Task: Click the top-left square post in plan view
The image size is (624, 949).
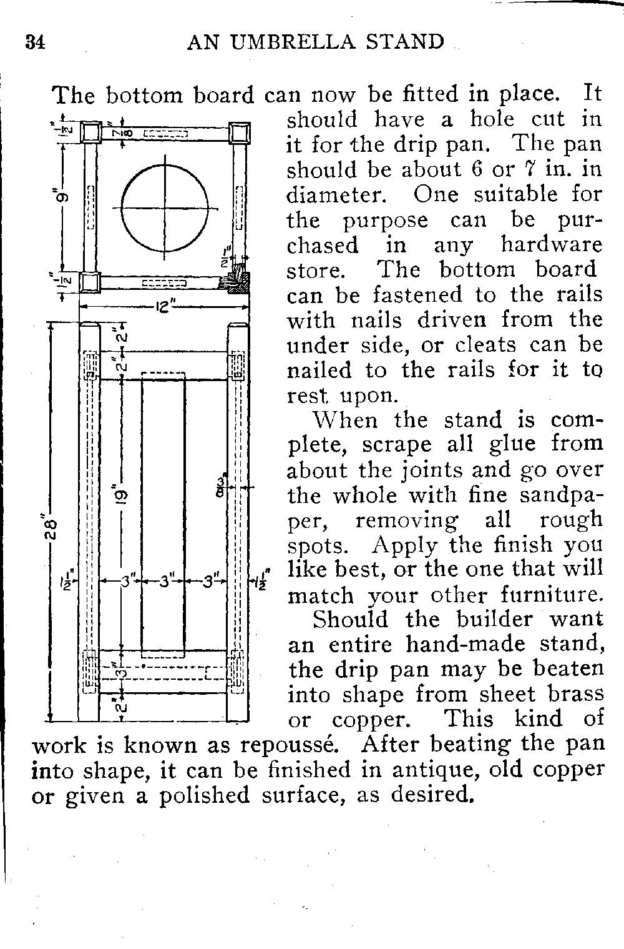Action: click(x=91, y=133)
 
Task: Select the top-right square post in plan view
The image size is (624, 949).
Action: click(x=240, y=133)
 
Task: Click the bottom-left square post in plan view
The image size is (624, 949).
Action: click(x=90, y=283)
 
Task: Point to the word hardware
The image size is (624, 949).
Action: click(x=551, y=245)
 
